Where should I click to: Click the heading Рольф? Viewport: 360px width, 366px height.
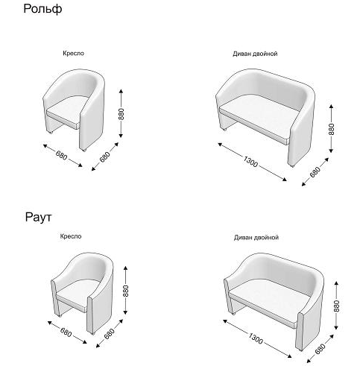click(42, 9)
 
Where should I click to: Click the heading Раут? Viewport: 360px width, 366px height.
click(38, 217)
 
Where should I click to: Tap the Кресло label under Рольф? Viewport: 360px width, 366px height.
click(74, 53)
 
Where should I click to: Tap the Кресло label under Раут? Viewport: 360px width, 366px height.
click(71, 236)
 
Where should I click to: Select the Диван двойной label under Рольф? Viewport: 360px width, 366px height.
click(255, 54)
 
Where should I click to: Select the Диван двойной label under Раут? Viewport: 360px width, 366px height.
click(256, 238)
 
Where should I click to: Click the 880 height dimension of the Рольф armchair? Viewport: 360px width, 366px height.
click(121, 114)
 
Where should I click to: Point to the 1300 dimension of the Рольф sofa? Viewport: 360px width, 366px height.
click(250, 162)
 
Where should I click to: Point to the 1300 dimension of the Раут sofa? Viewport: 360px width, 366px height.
click(256, 338)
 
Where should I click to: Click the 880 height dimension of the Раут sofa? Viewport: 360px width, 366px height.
click(336, 306)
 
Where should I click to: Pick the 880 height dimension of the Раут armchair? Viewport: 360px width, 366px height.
click(126, 291)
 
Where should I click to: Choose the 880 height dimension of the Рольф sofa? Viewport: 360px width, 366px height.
click(332, 129)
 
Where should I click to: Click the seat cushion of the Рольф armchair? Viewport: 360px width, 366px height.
click(68, 110)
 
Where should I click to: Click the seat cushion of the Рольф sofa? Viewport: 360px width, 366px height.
click(259, 117)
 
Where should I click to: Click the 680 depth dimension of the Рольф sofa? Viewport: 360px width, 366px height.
click(315, 172)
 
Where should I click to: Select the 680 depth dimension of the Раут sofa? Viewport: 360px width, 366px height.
click(320, 349)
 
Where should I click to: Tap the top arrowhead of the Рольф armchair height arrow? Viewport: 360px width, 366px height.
click(121, 91)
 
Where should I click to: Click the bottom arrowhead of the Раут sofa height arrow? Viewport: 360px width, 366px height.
click(336, 327)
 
